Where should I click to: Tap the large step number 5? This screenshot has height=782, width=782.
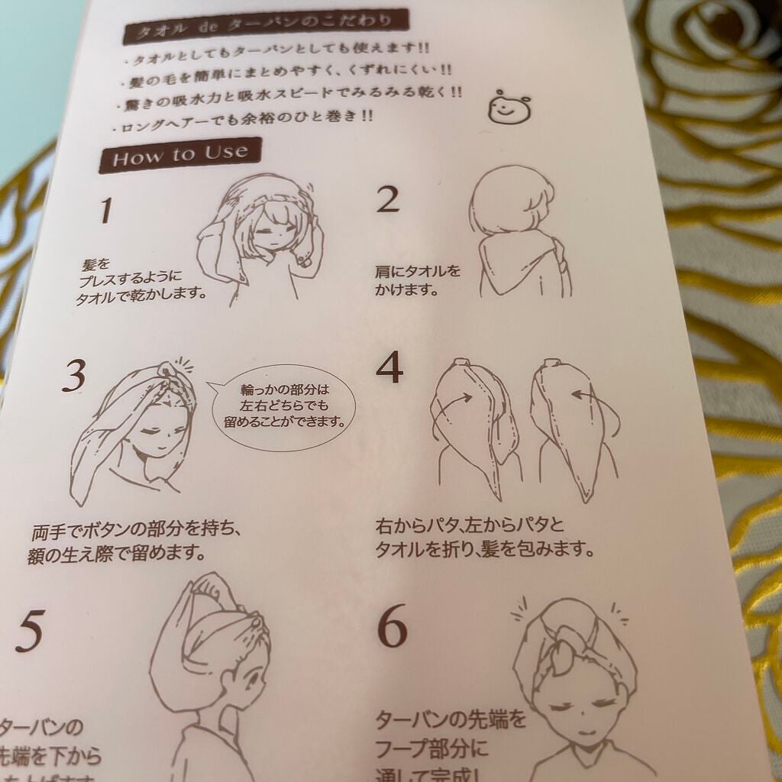click(x=28, y=632)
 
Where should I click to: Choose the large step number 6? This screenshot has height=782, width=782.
click(x=392, y=629)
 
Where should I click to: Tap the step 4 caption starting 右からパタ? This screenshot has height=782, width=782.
click(x=483, y=537)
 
